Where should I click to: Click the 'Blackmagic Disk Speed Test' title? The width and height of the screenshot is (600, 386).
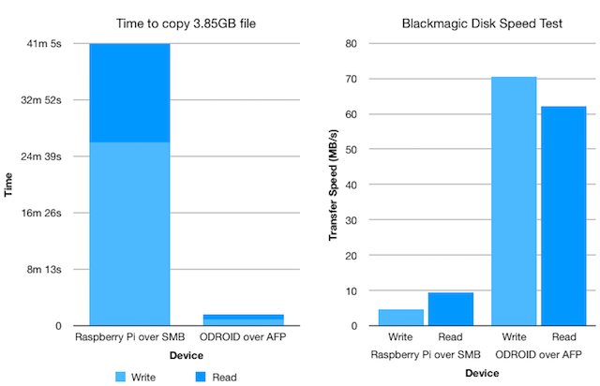click(468, 22)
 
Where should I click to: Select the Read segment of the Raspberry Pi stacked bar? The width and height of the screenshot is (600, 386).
click(129, 93)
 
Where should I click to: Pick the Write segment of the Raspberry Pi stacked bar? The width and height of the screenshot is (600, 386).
click(129, 233)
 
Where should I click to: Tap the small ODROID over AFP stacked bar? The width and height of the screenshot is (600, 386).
click(244, 319)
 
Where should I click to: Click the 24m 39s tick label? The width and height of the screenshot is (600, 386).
click(42, 156)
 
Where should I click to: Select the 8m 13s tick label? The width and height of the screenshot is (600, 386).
click(45, 269)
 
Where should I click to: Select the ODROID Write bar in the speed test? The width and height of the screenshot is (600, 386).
click(515, 201)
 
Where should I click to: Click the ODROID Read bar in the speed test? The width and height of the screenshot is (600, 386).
click(562, 216)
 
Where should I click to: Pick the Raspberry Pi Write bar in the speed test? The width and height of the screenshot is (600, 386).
click(400, 317)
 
